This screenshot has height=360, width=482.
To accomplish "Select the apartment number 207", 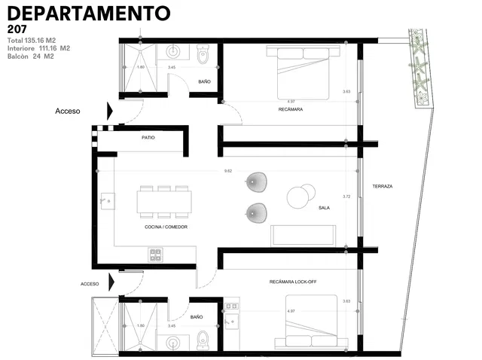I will (17, 29).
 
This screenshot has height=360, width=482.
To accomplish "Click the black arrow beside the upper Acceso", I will (110, 111).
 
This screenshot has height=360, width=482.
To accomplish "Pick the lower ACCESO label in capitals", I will (90, 284).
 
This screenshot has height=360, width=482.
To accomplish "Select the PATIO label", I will (148, 138).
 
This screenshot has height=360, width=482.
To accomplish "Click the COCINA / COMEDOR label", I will (166, 227).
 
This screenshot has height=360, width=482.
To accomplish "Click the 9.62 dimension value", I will (228, 171).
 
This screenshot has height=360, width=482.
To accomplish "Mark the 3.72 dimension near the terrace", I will (346, 196).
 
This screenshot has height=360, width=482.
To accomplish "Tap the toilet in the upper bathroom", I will (203, 55).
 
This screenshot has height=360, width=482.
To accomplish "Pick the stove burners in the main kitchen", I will (156, 254).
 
